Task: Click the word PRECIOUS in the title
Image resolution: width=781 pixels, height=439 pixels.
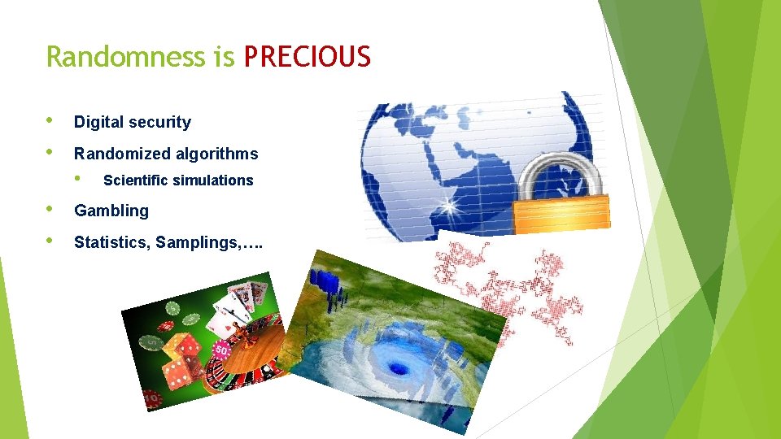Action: click(x=308, y=57)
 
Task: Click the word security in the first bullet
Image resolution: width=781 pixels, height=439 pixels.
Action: click(x=164, y=123)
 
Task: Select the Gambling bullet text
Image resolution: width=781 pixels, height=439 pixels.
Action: click(x=111, y=211)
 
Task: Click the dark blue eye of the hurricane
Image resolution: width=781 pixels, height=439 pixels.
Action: click(x=399, y=367)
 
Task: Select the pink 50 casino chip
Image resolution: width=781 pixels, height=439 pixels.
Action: click(x=220, y=350)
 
